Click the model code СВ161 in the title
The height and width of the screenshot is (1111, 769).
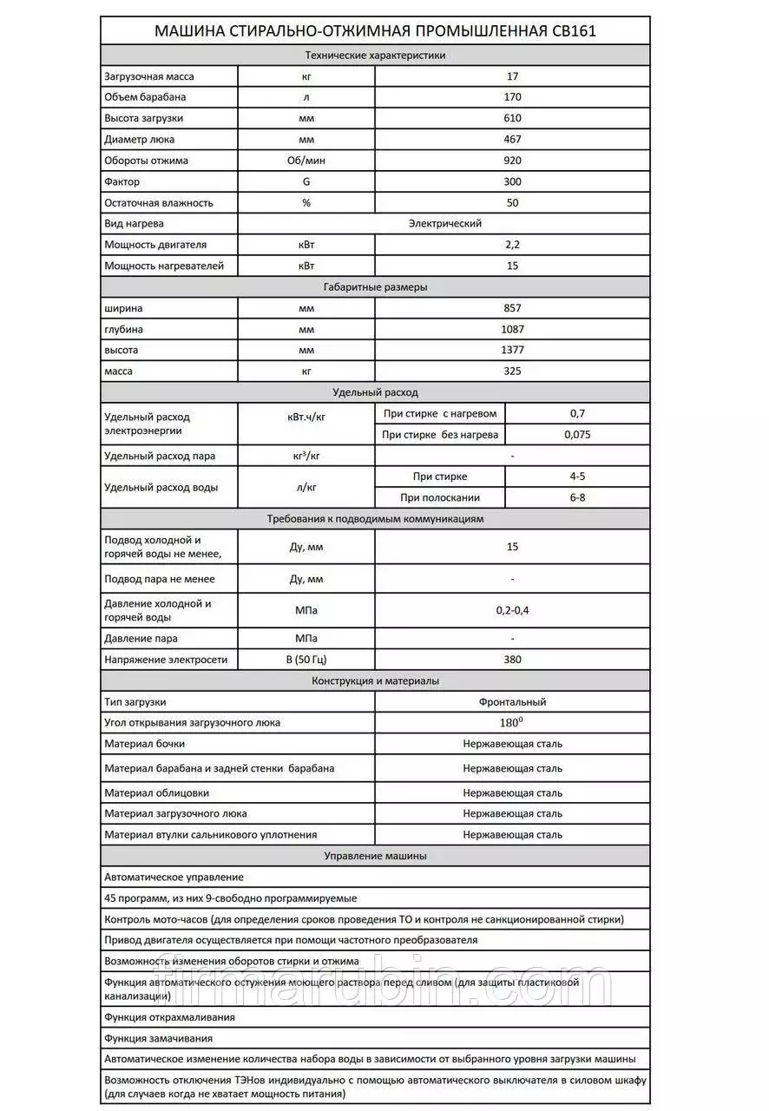tap(574, 32)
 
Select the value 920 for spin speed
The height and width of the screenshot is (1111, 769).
tap(512, 161)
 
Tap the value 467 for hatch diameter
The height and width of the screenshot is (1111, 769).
tap(512, 139)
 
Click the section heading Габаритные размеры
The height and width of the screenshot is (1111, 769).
tap(375, 287)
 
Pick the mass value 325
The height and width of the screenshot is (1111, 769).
tap(512, 371)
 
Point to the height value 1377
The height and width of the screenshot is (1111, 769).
tap(512, 351)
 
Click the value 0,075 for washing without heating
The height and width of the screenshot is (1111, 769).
tap(577, 435)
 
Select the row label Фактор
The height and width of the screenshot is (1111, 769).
tap(122, 181)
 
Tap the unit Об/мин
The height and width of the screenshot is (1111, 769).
tap(306, 161)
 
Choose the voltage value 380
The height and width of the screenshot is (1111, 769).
tap(512, 660)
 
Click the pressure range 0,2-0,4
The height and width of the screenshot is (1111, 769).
tap(512, 610)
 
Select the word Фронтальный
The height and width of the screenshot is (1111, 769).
tap(512, 702)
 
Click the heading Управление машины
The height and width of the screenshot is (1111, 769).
tap(375, 856)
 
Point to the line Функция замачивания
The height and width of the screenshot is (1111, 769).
tap(159, 1038)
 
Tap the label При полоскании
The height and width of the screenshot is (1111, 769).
tap(440, 498)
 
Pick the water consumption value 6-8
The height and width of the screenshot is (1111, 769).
tap(577, 498)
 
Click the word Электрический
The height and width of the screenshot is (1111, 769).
tap(445, 224)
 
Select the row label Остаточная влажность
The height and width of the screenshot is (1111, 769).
tap(159, 203)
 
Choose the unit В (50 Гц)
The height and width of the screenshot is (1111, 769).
tap(306, 660)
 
